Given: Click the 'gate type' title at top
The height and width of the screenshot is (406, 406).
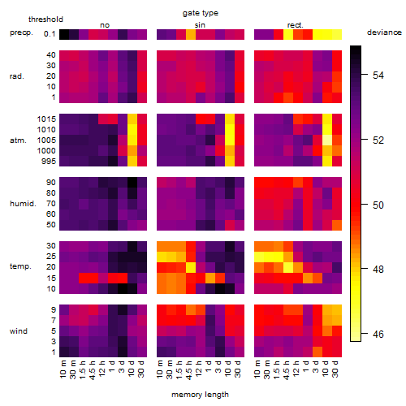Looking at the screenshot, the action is click(201, 13).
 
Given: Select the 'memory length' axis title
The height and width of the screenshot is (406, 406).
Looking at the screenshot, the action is click(200, 395).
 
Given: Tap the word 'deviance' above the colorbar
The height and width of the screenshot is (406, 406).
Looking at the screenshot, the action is click(384, 32).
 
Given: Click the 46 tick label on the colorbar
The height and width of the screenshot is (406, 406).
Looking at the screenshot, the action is click(378, 335).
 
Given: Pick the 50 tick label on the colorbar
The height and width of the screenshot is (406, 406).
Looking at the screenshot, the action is click(378, 205).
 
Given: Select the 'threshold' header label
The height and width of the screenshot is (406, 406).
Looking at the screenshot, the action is click(45, 19).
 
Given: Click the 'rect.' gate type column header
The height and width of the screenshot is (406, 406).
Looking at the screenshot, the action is click(295, 25).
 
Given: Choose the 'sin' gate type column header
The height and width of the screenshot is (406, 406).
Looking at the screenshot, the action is click(200, 25).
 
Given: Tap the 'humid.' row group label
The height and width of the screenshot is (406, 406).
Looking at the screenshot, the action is click(23, 204).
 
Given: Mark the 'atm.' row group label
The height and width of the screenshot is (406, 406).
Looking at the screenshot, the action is click(18, 140).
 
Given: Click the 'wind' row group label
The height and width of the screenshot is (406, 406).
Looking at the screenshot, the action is click(19, 331).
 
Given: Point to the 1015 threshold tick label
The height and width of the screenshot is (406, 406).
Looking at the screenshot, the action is click(46, 119).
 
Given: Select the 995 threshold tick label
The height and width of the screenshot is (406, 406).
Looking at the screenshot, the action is click(49, 162).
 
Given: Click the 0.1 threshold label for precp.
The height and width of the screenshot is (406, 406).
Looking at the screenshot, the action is click(50, 34).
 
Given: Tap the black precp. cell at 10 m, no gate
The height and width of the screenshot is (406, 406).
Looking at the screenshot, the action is click(64, 35).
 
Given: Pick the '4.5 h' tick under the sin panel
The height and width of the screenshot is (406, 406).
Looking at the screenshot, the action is click(189, 370).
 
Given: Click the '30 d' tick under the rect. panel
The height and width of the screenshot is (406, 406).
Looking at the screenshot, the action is click(335, 369).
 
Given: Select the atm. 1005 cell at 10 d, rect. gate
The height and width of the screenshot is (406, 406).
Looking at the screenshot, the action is click(327, 140).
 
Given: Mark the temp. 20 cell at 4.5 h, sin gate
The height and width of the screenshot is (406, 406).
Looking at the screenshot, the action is click(191, 267).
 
